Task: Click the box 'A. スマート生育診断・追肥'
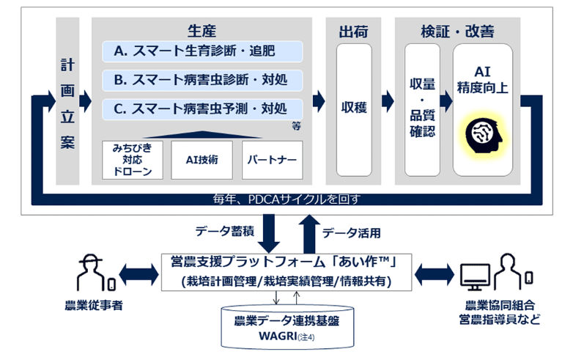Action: tap(202, 51)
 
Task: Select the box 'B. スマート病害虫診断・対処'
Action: tap(202, 80)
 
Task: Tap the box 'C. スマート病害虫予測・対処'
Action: tap(202, 109)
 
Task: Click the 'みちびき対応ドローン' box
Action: tap(133, 160)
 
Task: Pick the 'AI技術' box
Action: tap(201, 160)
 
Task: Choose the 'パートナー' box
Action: tap(273, 160)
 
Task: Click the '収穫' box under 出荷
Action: tap(354, 110)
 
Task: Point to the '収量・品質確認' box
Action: tap(422, 110)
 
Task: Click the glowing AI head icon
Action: tap(483, 134)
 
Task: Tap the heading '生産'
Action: tap(201, 32)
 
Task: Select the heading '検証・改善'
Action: tap(458, 32)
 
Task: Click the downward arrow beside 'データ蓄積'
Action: tap(269, 233)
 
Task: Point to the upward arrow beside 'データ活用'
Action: tap(310, 234)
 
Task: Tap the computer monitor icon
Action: tap(475, 277)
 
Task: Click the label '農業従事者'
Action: tap(94, 306)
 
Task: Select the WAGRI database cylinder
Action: tap(287, 327)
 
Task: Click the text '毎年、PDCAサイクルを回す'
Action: tap(286, 199)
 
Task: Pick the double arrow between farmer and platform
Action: tap(138, 275)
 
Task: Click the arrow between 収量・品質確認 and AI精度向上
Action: tap(446, 101)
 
